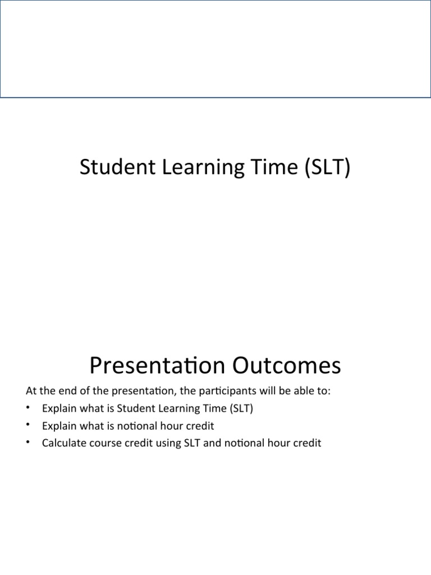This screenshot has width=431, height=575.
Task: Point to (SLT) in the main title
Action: click(325, 168)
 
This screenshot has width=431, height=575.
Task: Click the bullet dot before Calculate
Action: click(28, 442)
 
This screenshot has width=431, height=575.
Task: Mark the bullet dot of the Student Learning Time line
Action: click(28, 408)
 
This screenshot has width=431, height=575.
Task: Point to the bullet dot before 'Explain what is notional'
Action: click(28, 425)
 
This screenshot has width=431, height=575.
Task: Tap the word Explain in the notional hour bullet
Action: click(58, 426)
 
